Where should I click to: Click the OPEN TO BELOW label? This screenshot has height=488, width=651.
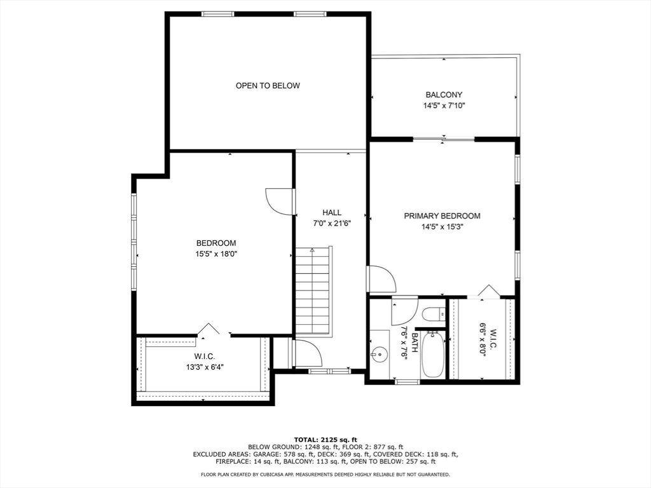coord(268,86)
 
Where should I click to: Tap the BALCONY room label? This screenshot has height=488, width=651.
coord(444,95)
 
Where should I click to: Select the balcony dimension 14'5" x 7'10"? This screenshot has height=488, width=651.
coord(444,106)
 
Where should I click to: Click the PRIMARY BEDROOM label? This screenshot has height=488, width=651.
coord(442,216)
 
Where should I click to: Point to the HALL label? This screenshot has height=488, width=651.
coord(332,212)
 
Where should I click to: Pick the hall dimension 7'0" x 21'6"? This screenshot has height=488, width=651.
coord(332,224)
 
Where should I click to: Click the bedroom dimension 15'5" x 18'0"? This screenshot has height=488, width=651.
coord(216,254)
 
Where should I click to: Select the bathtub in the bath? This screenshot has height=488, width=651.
coord(432,353)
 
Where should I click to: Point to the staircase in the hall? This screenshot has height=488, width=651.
coord(313,291)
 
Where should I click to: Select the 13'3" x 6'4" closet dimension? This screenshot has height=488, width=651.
coord(205,367)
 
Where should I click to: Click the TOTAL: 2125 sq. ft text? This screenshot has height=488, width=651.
coord(325,440)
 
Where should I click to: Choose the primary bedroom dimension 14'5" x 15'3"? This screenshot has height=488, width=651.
coord(442,227)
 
